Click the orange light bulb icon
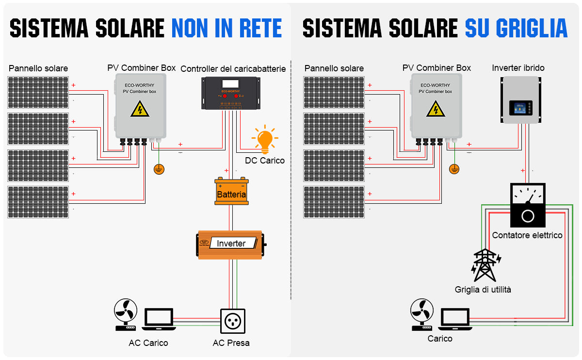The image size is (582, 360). (x=265, y=139)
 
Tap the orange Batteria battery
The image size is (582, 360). (x=231, y=192)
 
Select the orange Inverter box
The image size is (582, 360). (x=231, y=244)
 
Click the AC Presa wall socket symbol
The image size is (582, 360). (x=231, y=321)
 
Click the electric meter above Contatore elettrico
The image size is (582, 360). (x=528, y=205)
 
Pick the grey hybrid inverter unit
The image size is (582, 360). (x=521, y=99)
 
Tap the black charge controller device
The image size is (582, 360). (x=231, y=94)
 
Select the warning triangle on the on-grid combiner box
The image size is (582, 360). (x=436, y=109)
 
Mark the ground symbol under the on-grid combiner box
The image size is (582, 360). (x=454, y=169)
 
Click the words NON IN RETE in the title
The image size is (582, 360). (x=226, y=28)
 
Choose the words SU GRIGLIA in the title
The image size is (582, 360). (x=516, y=28)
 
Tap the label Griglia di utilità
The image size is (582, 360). (x=483, y=290)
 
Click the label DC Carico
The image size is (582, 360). (x=265, y=161)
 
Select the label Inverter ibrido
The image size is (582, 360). (x=518, y=68)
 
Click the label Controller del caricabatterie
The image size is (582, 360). (x=233, y=69)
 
